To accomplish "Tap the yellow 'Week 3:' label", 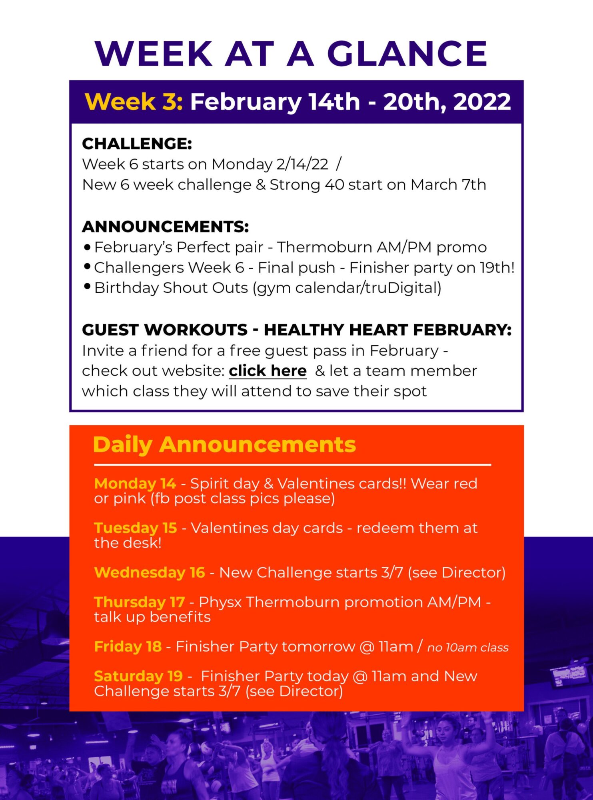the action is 134,102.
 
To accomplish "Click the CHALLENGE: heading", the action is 137,144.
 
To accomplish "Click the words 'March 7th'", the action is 448,185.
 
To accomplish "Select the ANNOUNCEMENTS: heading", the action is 166,227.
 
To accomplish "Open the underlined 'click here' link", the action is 268,371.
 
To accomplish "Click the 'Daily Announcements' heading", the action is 224,444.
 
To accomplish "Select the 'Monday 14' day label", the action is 135,484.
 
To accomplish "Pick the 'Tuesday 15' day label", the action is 136,528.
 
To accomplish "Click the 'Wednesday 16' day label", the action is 150,572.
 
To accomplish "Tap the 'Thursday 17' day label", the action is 140,602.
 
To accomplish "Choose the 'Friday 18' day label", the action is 128,646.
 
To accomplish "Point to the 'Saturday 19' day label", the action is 138,676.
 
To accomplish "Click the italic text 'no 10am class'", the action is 468,648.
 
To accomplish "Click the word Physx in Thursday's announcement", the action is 220,602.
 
